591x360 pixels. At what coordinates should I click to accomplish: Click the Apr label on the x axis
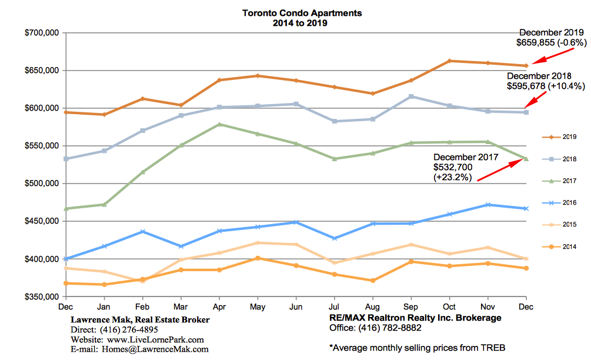click(219, 306)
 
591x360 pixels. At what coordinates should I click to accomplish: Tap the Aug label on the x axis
click(372, 306)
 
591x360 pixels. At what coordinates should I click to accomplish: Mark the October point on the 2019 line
click(449, 61)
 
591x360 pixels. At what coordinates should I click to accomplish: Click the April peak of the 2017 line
click(219, 124)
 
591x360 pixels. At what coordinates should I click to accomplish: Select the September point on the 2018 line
click(411, 96)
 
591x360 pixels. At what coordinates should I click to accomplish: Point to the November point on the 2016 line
click(488, 205)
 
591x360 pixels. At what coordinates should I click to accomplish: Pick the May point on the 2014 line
click(257, 258)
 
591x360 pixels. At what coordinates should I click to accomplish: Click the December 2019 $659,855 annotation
click(552, 38)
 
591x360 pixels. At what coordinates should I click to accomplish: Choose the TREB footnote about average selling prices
click(417, 347)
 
